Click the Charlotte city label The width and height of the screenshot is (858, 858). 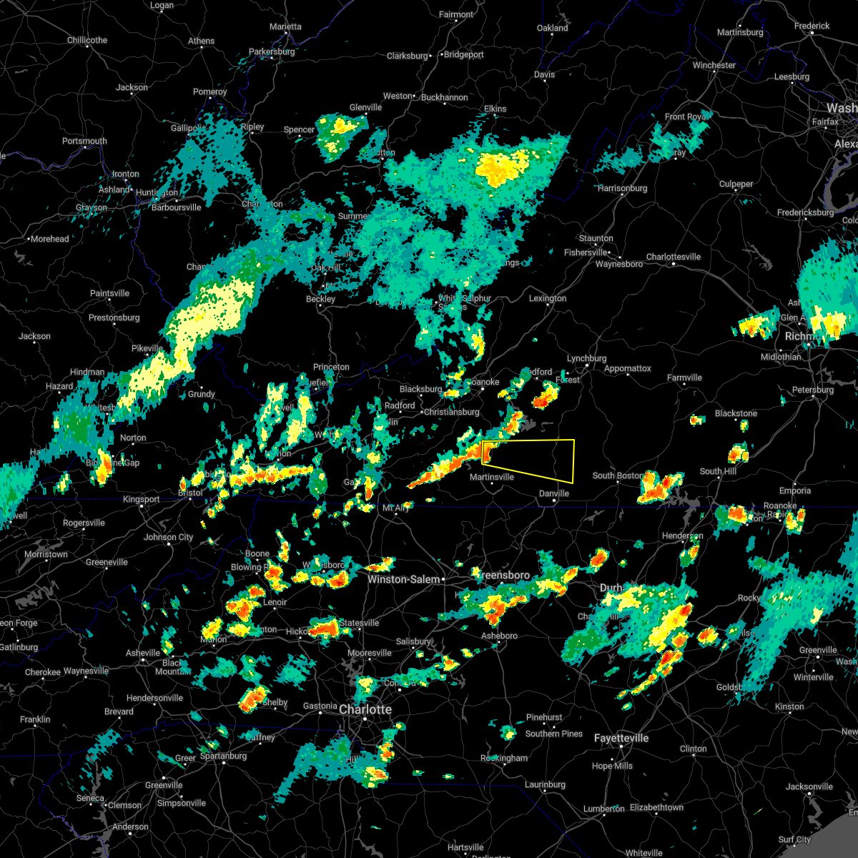[365, 709]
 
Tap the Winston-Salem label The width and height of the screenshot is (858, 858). [403, 579]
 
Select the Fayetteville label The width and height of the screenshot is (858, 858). [621, 738]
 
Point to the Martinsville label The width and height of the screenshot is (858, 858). [491, 477]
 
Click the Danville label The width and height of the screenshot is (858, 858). [553, 493]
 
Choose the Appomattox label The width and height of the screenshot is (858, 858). [627, 369]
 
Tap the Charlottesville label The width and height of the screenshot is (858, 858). [674, 257]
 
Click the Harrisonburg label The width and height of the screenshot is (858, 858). [622, 188]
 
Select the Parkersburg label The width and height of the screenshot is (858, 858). [272, 52]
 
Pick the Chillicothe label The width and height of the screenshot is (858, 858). [87, 40]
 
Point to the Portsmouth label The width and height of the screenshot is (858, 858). [84, 141]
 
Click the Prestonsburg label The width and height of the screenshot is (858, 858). [115, 317]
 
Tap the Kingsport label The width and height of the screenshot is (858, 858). [141, 499]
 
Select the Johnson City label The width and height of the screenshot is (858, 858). [169, 537]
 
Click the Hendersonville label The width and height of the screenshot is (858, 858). [155, 698]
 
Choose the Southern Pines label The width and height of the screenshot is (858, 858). [553, 734]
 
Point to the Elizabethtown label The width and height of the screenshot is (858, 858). [656, 807]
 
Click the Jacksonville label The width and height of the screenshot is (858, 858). [809, 786]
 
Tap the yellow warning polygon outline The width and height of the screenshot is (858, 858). [573, 461]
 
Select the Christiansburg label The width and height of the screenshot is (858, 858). [451, 412]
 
